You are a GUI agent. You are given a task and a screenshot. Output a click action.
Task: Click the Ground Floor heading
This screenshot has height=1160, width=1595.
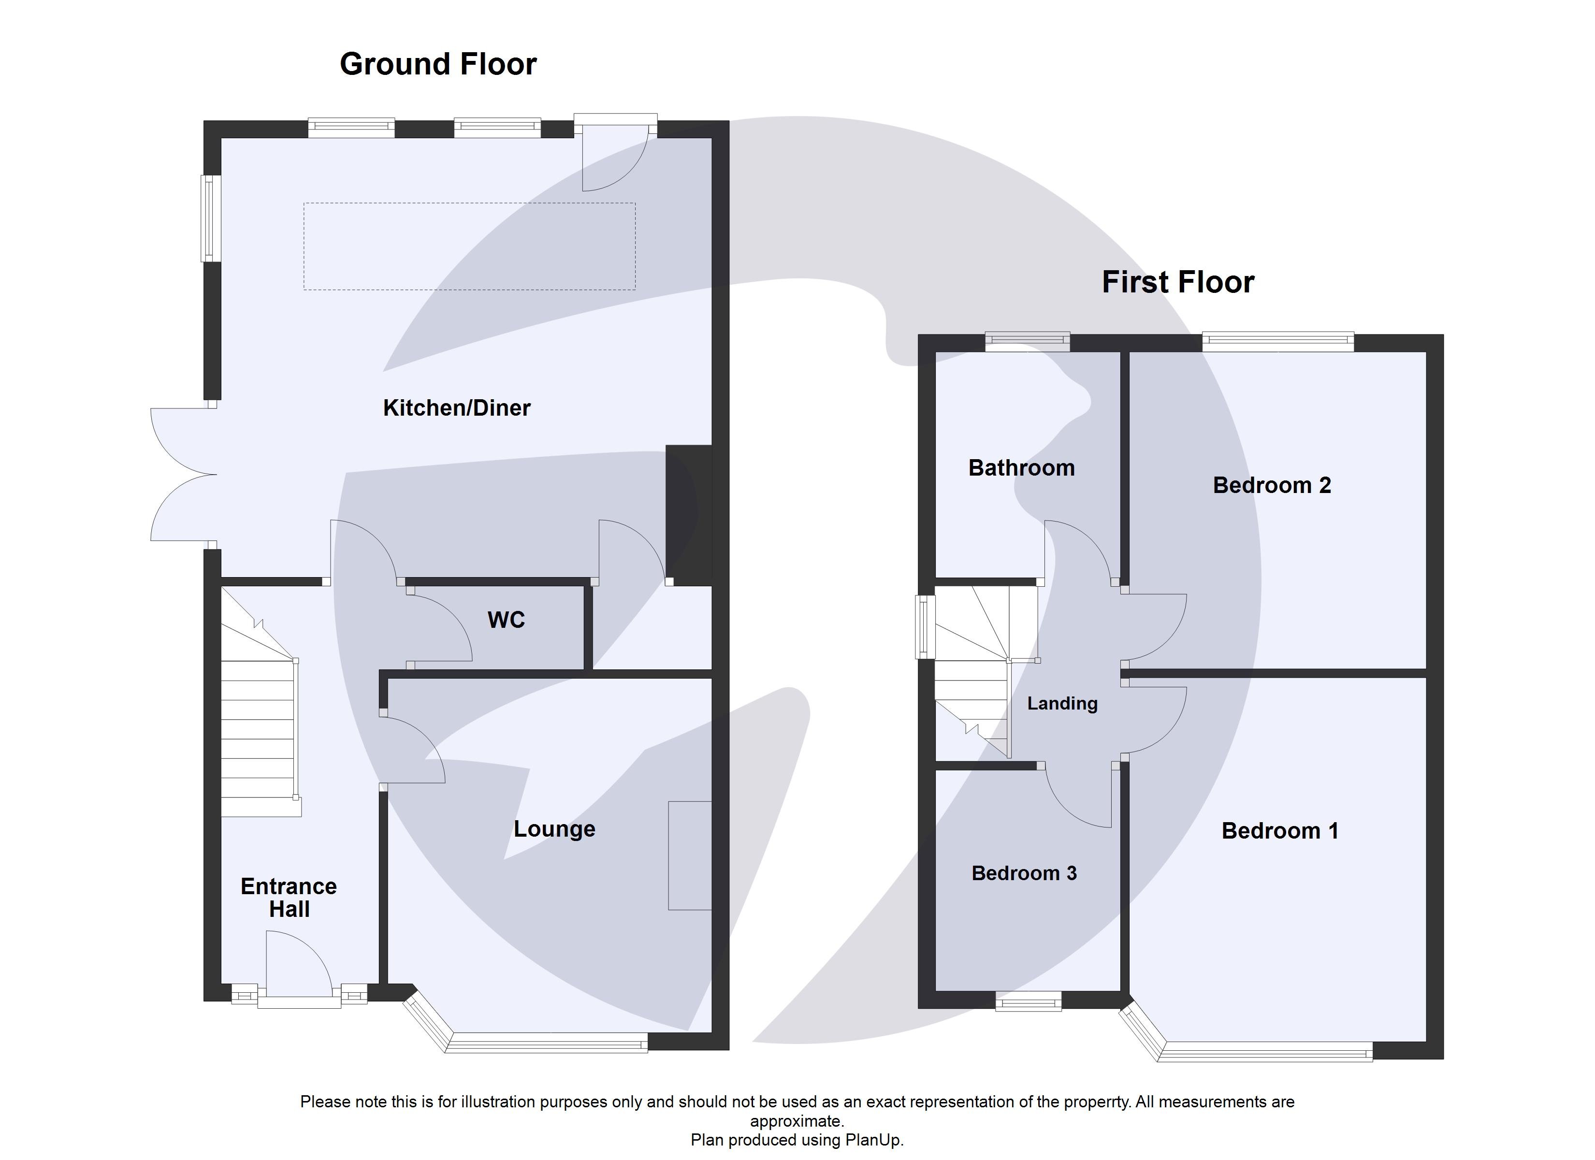pos(437,64)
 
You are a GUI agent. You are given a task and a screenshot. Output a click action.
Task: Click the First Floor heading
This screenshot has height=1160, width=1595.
pos(1177,282)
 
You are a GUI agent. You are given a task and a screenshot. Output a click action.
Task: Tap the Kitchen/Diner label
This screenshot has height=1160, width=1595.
pos(456,408)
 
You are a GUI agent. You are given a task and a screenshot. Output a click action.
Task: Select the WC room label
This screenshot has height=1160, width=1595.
pos(506,620)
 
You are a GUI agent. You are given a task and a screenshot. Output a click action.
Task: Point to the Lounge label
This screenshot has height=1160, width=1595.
pos(554,828)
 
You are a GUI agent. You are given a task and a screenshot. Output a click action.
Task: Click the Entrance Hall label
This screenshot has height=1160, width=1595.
pos(289,898)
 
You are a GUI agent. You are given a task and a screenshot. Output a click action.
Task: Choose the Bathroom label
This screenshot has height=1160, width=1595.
pos(1021,468)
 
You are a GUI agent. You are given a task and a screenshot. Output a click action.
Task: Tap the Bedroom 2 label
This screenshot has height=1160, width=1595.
pos(1272,485)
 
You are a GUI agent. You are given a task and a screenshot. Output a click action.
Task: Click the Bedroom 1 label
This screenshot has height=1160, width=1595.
pos(1279,831)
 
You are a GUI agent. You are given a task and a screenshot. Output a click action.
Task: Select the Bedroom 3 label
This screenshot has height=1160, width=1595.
pos(1024,873)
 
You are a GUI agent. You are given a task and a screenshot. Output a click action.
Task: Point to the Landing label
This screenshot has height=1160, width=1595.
pos(1062,703)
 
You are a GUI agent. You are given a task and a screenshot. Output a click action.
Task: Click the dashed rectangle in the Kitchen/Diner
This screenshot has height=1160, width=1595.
pos(469,246)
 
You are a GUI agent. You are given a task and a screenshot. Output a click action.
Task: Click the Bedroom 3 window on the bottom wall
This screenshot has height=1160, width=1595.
pos(1028,1001)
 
